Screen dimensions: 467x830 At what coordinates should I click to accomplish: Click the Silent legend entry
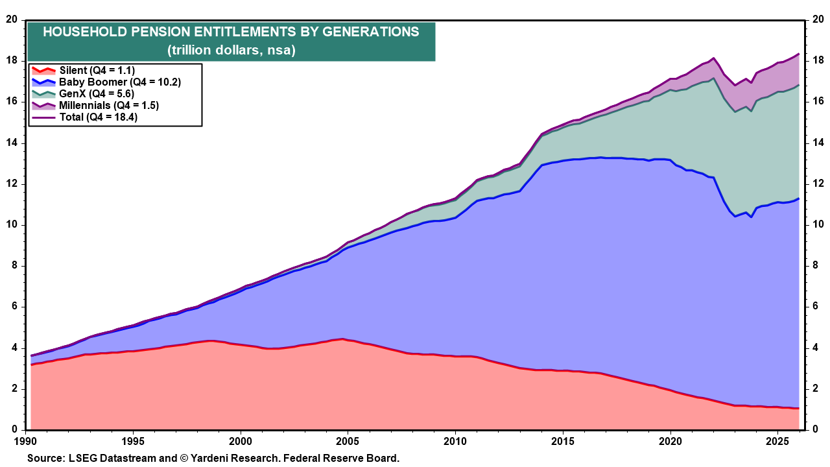coord(97,70)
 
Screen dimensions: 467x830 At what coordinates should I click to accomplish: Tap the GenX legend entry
coord(97,93)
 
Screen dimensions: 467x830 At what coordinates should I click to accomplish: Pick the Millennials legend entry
coord(109,105)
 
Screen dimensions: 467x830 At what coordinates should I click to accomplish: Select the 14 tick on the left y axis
coord(11,143)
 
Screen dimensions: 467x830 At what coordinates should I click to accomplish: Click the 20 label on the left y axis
coord(11,19)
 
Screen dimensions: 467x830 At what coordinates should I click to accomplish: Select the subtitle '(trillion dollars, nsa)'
coord(231,50)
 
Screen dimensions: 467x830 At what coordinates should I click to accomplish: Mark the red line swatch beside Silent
coord(43,70)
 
